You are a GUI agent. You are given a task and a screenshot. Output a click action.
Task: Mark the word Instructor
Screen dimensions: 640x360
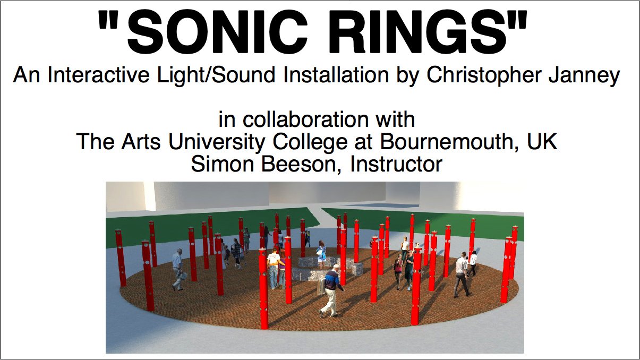[x=396, y=164]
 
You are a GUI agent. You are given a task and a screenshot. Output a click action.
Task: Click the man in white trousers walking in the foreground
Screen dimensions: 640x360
[x=331, y=291]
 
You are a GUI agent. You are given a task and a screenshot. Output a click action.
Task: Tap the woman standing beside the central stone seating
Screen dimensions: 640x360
[x=321, y=255]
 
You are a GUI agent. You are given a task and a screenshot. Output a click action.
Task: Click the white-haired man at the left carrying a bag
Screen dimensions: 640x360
[x=178, y=269]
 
